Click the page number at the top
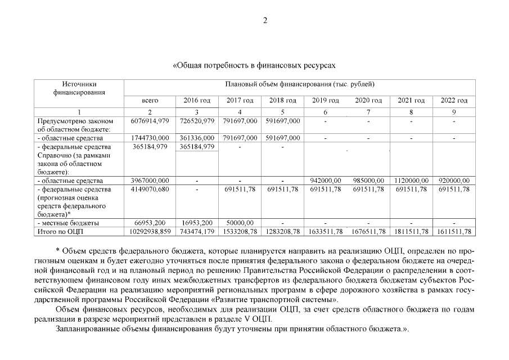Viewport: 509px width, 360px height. coord(264,21)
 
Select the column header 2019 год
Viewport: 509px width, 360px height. coord(325,101)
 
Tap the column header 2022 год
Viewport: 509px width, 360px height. coord(454,101)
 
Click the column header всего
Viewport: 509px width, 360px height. coord(150,101)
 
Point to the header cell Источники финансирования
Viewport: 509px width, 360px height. coord(79,88)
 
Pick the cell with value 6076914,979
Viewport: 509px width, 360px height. coord(150,121)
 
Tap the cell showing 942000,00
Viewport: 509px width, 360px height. coord(326,181)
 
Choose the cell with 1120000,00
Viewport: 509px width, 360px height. coord(411,181)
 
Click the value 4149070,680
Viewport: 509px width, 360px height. coord(150,190)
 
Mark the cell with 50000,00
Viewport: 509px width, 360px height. coord(240,223)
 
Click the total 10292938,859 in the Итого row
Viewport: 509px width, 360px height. coord(150,232)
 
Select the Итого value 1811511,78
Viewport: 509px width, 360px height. coord(411,232)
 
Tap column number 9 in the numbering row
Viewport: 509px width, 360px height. coord(454,111)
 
